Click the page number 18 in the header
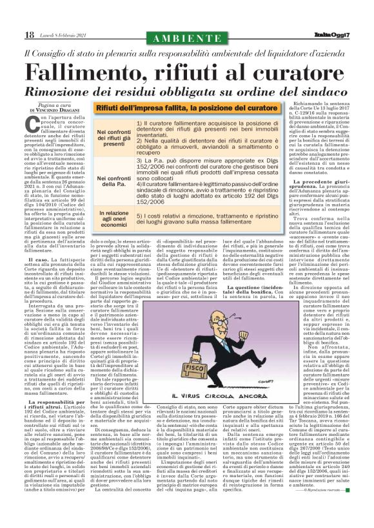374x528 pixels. [29, 35]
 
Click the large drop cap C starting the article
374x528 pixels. [34, 124]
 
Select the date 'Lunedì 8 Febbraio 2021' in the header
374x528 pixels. [64, 35]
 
